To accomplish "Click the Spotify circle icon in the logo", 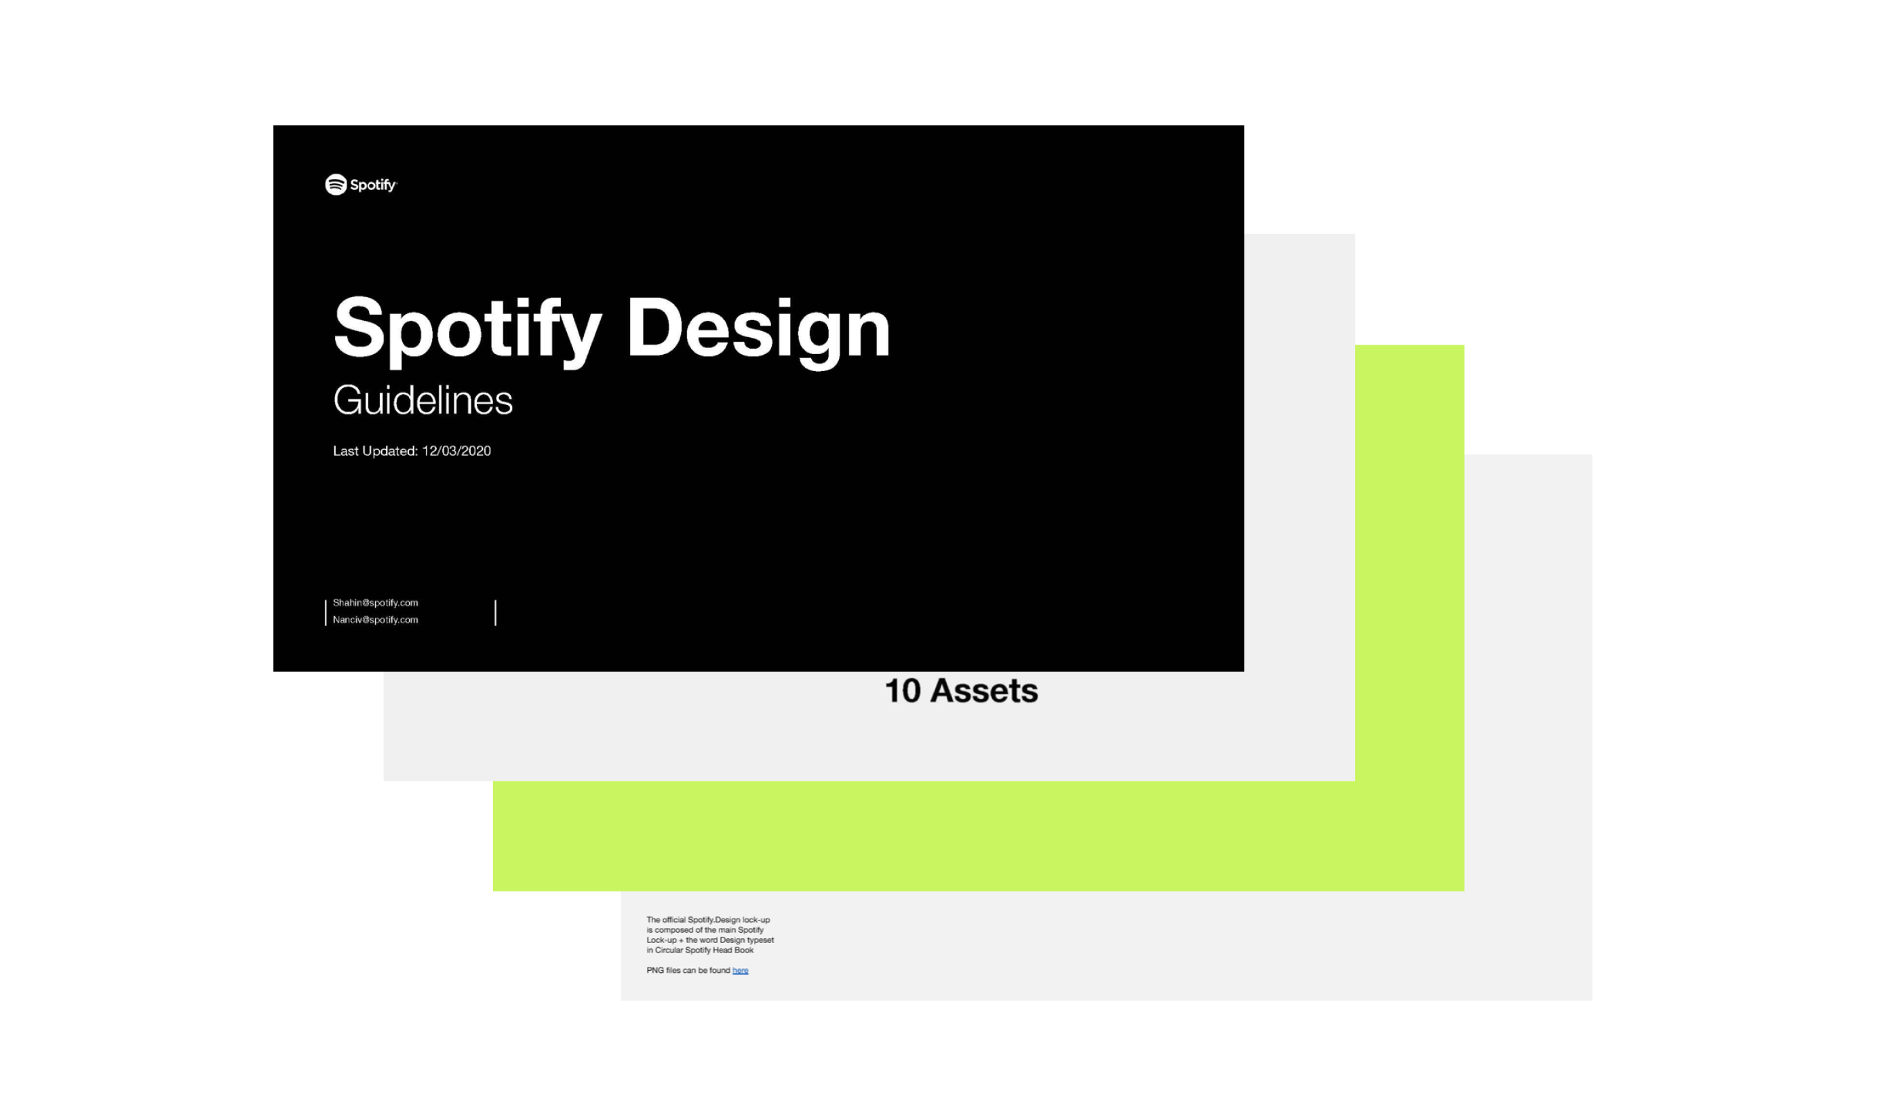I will click(x=335, y=185).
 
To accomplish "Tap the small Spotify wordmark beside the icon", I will click(x=373, y=185).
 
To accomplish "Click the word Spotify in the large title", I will click(x=467, y=330).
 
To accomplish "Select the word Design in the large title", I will click(x=758, y=330).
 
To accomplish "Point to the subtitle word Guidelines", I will click(x=423, y=400).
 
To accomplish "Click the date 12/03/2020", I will click(x=456, y=451).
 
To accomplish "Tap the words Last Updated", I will click(x=374, y=451).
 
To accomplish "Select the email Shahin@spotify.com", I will click(x=375, y=602).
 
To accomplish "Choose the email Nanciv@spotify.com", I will click(x=375, y=619).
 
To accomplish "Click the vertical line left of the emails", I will click(x=326, y=612).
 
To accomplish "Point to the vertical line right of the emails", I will click(x=495, y=612).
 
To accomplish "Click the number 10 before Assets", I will click(x=902, y=691).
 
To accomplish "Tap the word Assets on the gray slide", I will click(x=983, y=691).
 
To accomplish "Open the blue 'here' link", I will click(x=740, y=970).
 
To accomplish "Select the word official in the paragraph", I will click(x=673, y=920).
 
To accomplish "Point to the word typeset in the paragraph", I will click(x=760, y=940).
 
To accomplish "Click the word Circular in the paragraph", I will click(x=669, y=950).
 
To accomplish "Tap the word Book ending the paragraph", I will click(x=744, y=950).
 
